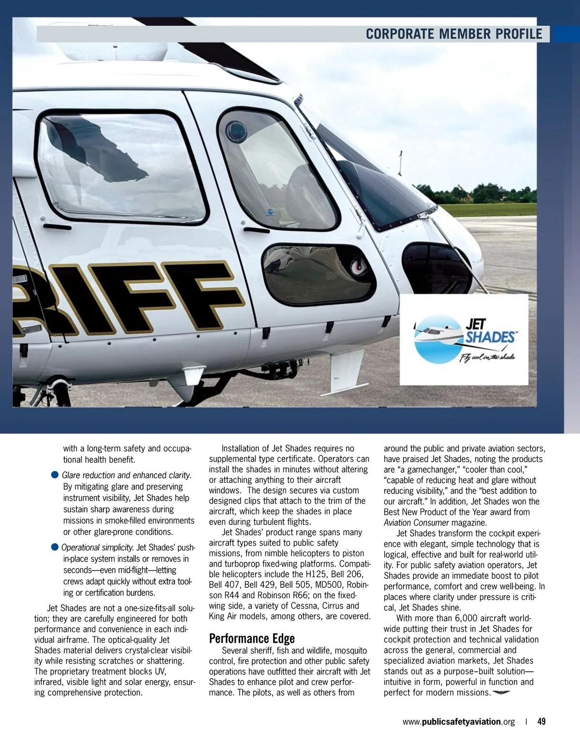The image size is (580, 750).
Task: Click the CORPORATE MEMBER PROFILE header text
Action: pos(454,34)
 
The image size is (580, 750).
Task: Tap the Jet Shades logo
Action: pos(464,340)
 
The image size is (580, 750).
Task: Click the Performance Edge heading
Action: pos(252,638)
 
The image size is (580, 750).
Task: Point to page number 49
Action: pos(541,722)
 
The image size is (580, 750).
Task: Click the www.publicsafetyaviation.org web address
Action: pos(458,722)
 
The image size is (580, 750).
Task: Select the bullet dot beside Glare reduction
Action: pos(55,475)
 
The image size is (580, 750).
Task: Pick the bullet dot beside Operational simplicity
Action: pos(55,547)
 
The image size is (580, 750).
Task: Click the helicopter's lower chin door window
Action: pos(318,274)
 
